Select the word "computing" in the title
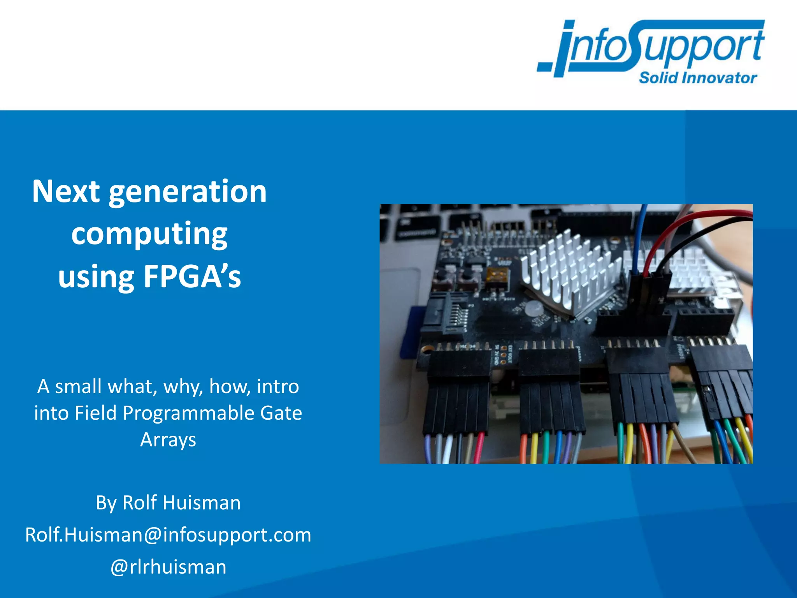[149, 235]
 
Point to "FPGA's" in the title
[192, 277]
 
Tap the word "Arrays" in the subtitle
[168, 440]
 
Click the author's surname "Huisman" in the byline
[202, 503]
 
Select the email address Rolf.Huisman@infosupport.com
[168, 535]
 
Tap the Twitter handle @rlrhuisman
[168, 567]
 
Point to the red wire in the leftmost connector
[479, 448]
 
